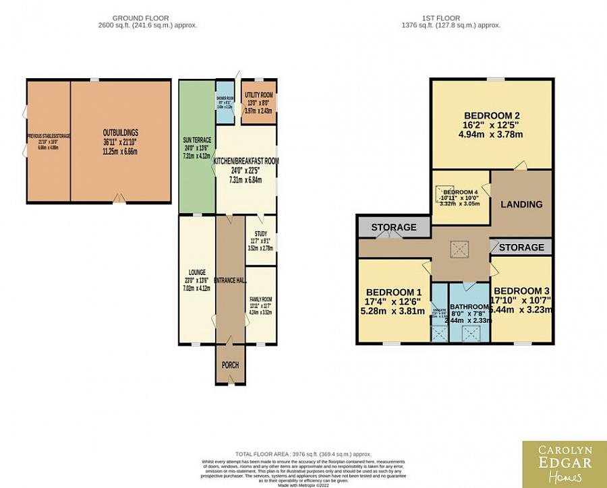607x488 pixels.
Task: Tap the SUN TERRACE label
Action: [x=197, y=140]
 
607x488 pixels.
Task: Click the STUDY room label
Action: [x=260, y=234]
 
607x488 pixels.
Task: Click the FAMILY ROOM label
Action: [x=260, y=299]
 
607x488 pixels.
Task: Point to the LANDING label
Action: [x=521, y=204]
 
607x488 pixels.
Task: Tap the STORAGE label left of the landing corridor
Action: [x=393, y=227]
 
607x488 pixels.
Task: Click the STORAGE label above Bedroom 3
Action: [x=521, y=247]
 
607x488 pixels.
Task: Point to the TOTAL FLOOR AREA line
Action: [x=303, y=454]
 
